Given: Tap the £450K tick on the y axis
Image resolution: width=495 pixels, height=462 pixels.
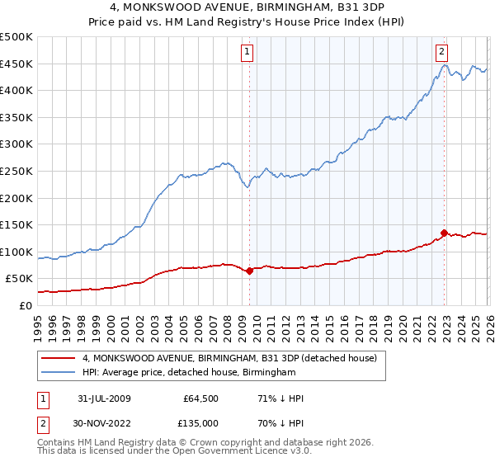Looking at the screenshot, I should point(16,64).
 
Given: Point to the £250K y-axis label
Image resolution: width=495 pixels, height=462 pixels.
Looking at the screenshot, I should point(16,171).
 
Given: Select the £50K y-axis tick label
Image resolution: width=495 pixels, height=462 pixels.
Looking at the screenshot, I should point(20,279).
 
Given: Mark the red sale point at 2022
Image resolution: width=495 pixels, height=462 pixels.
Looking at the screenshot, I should point(444,233).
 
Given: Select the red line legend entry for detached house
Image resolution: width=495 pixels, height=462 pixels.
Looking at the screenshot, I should point(229,358).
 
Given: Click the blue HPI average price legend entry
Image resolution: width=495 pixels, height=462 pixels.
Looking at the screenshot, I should point(189,373).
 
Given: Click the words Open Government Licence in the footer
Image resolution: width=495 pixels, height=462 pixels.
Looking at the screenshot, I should point(235,452).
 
